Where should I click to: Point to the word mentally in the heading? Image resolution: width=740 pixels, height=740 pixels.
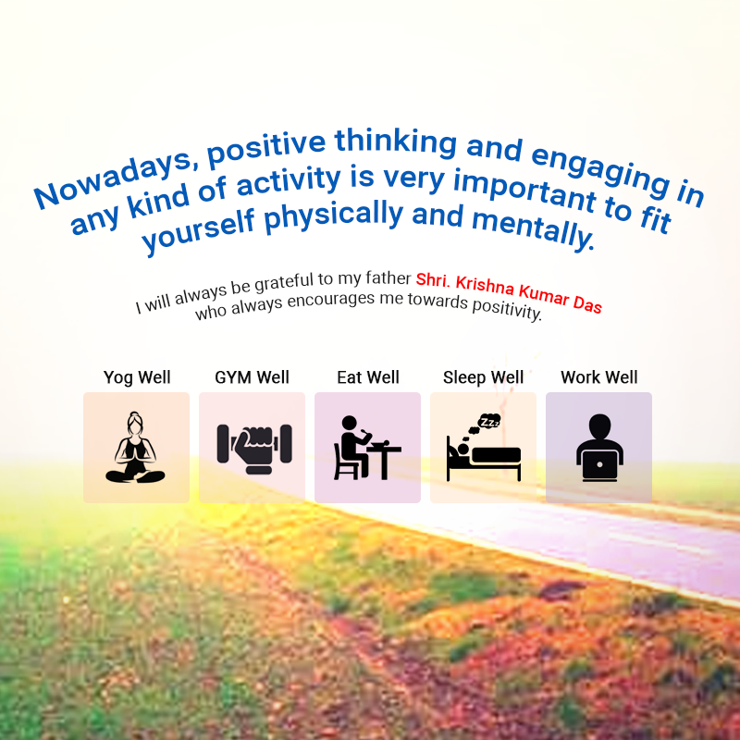pyautogui.click(x=534, y=227)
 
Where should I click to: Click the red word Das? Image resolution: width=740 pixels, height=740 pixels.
pyautogui.click(x=587, y=304)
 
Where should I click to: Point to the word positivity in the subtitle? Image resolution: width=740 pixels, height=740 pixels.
pyautogui.click(x=507, y=309)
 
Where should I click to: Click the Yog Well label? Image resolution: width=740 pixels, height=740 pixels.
pyautogui.click(x=137, y=377)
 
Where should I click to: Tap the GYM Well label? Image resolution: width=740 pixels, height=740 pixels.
pyautogui.click(x=252, y=377)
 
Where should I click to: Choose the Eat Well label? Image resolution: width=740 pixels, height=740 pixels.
pyautogui.click(x=368, y=377)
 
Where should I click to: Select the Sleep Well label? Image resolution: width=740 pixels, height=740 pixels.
pyautogui.click(x=483, y=377)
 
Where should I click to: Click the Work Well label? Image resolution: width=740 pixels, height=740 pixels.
pyautogui.click(x=598, y=377)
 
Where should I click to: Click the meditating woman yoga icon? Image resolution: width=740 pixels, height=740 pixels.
pyautogui.click(x=135, y=448)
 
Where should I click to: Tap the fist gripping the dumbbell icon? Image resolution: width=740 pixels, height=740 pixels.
pyautogui.click(x=254, y=450)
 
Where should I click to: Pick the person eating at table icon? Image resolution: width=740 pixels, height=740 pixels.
pyautogui.click(x=367, y=448)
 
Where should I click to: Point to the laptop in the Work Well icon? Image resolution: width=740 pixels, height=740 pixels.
pyautogui.click(x=599, y=466)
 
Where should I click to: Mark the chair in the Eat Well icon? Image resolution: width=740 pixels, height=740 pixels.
pyautogui.click(x=345, y=462)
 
